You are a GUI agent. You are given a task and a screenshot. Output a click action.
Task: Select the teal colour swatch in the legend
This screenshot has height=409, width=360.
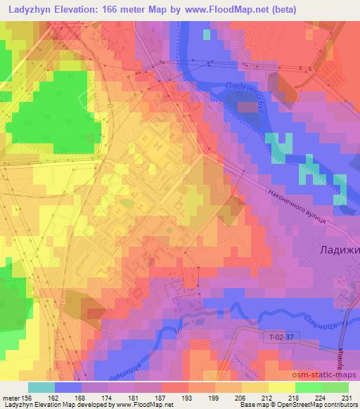pos(41,387)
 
